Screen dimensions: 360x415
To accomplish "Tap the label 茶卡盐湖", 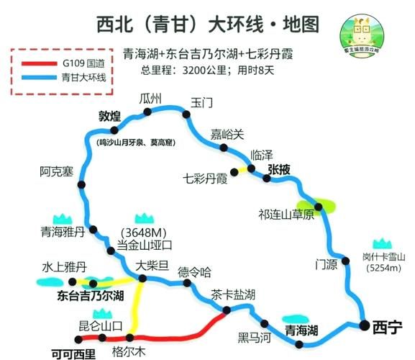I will [233, 294].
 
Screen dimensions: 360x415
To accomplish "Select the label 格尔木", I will [129, 352].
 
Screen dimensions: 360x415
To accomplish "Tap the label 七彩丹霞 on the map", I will [205, 177].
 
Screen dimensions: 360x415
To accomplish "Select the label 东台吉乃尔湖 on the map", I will [91, 296].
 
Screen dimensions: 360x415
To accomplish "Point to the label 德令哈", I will [194, 271].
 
